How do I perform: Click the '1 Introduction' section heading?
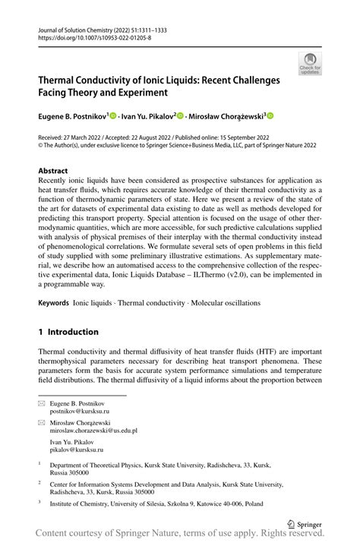pyautogui.click(x=68, y=332)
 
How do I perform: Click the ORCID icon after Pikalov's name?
pyautogui.click(x=181, y=116)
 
